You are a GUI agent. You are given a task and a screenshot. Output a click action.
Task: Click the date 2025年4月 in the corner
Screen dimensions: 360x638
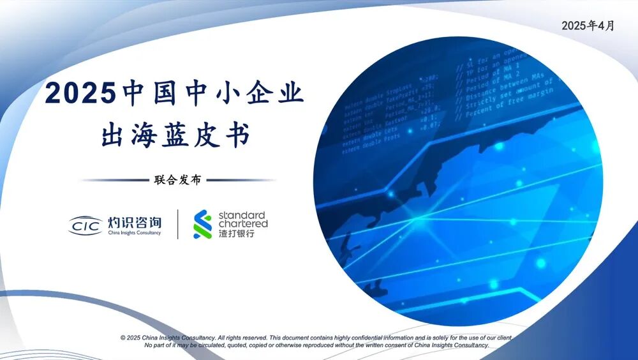coord(588,26)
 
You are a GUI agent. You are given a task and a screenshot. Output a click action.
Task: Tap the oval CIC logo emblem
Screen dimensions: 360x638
coord(86,225)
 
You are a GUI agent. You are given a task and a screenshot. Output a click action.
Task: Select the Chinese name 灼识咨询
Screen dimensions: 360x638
coord(134,222)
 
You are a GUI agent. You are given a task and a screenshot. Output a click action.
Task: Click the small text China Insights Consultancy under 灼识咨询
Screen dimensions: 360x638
coord(134,234)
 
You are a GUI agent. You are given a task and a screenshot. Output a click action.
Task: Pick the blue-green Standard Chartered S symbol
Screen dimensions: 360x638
coord(203,225)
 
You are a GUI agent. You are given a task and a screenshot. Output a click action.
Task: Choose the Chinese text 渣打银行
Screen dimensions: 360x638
coord(236,234)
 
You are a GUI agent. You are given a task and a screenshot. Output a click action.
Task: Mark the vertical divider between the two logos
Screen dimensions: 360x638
coord(177,224)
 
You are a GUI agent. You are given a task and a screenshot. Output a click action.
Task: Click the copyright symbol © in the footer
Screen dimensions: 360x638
coord(122,337)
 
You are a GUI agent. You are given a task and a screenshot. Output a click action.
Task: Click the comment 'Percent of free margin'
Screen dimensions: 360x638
coord(517,109)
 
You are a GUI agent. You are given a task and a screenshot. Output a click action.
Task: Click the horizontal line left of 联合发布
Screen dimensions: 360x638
coord(112,180)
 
